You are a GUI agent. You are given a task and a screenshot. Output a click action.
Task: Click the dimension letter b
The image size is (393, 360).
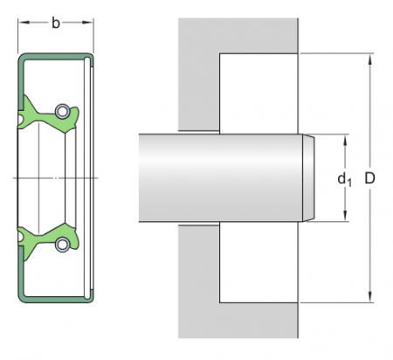click(x=56, y=23)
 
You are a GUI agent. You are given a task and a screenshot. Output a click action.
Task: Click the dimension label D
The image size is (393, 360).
click(x=369, y=178)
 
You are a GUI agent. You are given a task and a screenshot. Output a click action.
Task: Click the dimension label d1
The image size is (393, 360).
click(x=344, y=179)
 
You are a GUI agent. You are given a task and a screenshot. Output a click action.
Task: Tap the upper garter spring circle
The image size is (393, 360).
click(x=62, y=111)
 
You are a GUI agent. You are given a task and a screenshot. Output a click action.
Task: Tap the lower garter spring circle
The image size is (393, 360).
click(x=62, y=245)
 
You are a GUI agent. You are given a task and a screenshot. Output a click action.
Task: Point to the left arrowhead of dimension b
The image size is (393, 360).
click(x=24, y=22)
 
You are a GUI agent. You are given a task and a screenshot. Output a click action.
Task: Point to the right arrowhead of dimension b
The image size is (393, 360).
click(x=87, y=22)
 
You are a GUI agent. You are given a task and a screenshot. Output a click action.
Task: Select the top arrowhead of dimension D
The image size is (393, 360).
click(x=370, y=59)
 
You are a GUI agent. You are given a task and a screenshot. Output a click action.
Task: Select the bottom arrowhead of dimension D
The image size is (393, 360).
click(x=370, y=297)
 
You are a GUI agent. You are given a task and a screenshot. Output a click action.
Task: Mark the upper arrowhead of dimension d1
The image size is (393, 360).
click(x=345, y=141)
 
